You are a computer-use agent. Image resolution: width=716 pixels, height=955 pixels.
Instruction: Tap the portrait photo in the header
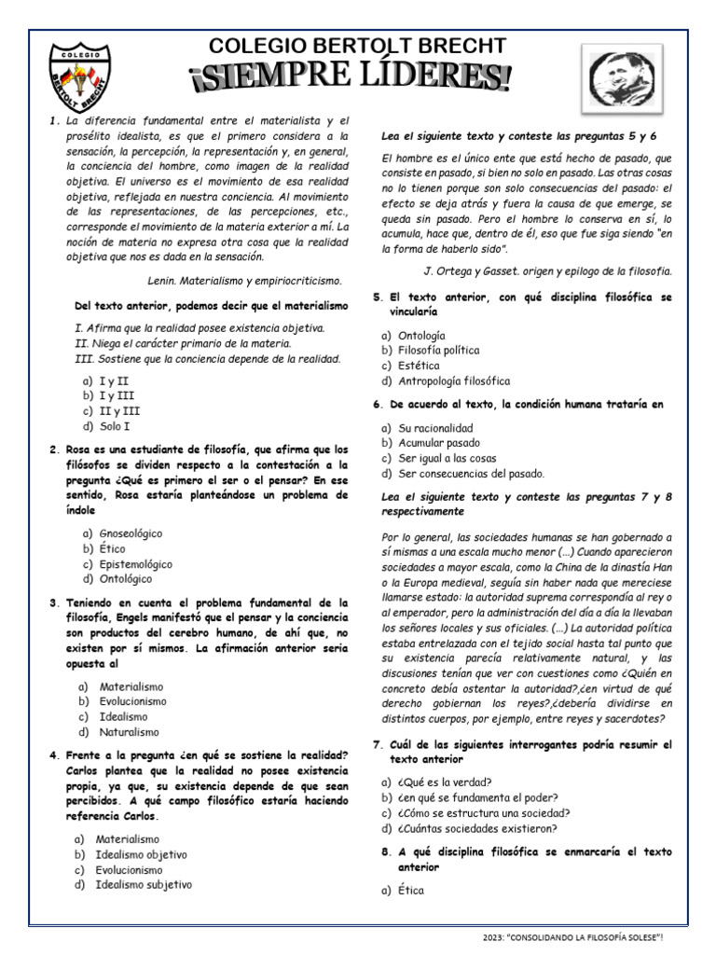point(625,77)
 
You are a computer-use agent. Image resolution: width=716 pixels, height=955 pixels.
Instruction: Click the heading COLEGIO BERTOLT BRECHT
point(358,46)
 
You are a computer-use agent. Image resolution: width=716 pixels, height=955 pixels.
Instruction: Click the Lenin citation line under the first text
point(244,280)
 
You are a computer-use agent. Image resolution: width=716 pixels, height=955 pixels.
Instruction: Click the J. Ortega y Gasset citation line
point(547,270)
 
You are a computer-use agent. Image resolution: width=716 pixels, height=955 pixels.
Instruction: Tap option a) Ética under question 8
point(404,891)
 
